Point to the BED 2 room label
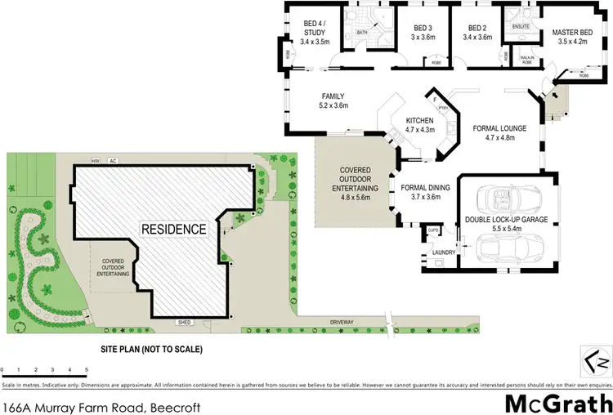tap(478, 27)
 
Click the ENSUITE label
tap(520, 27)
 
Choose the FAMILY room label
tap(333, 96)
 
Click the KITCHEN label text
tap(420, 121)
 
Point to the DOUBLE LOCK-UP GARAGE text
tap(506, 219)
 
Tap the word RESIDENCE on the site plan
tap(174, 230)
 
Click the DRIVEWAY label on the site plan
tap(342, 322)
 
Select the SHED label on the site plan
tap(183, 322)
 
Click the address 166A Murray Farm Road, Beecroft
tap(100, 404)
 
